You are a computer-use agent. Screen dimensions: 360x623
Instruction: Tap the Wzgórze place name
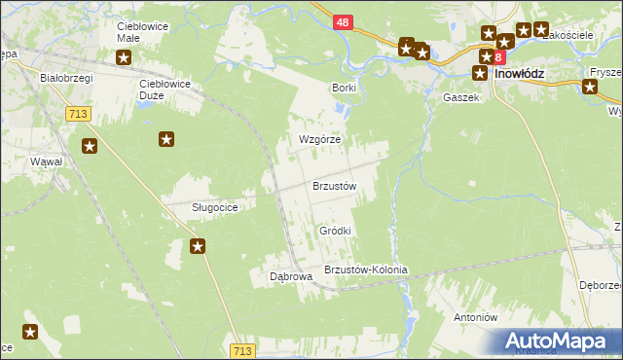tap(318, 139)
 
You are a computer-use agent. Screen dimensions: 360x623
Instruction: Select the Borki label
tap(344, 88)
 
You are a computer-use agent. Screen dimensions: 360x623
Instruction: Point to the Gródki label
tap(335, 231)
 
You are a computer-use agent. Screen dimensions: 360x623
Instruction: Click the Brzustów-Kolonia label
tap(365, 270)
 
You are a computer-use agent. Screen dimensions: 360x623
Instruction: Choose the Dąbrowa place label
tap(290, 276)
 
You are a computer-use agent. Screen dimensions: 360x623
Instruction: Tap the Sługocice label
tap(201, 207)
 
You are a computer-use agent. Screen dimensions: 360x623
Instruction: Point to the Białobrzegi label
tap(65, 76)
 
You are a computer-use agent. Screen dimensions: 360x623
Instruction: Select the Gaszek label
tap(460, 98)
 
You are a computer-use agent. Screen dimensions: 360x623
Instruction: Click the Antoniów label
tap(476, 317)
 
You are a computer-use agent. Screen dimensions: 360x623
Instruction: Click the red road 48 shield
tap(342, 21)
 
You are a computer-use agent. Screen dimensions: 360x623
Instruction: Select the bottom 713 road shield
tap(244, 349)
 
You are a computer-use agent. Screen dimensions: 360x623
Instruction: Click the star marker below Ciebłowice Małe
tap(124, 57)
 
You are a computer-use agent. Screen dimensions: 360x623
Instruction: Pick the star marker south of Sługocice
tap(198, 246)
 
